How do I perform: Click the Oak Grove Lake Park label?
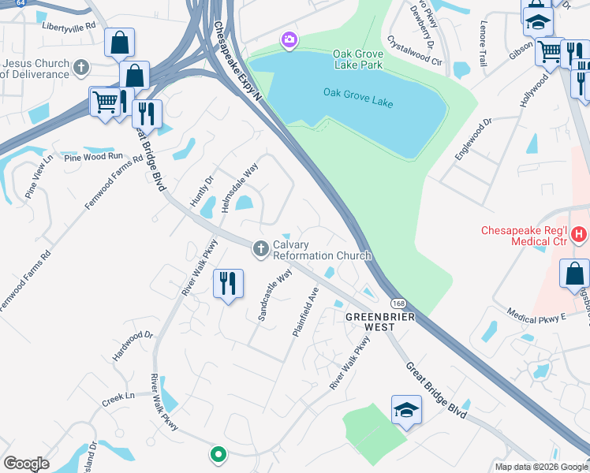(x=358, y=58)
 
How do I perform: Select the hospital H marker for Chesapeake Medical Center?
(x=580, y=234)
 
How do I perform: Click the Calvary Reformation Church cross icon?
(x=261, y=249)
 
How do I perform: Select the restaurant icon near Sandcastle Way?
(x=229, y=283)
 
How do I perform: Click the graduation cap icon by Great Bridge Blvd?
(x=406, y=409)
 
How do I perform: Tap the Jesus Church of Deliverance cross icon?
(x=80, y=68)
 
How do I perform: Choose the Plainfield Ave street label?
(x=305, y=313)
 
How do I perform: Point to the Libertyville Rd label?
(x=69, y=26)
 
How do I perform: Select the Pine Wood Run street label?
(x=95, y=157)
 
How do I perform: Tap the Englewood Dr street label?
(x=473, y=140)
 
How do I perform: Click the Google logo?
(x=27, y=463)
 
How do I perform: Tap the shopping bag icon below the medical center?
(x=574, y=274)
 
